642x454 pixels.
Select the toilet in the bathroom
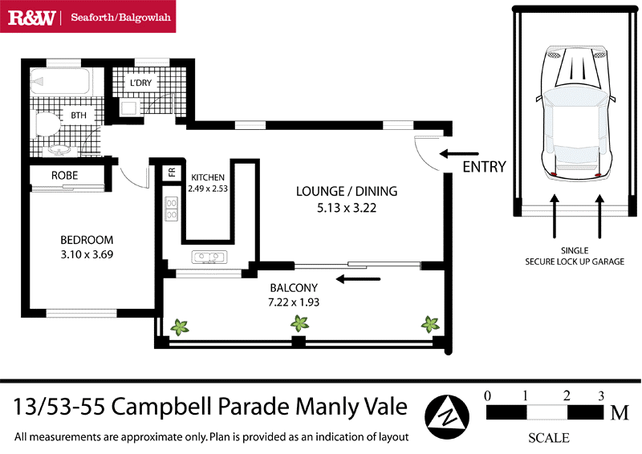point(49,121)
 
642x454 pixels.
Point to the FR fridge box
point(171,172)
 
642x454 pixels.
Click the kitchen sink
point(208,257)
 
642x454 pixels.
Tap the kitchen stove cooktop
point(171,209)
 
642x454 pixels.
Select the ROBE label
point(64,175)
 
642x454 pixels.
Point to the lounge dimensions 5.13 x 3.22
point(346,208)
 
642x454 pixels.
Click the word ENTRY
point(485,167)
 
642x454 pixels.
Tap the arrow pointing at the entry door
point(460,152)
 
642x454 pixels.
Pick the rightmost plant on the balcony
point(431,324)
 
